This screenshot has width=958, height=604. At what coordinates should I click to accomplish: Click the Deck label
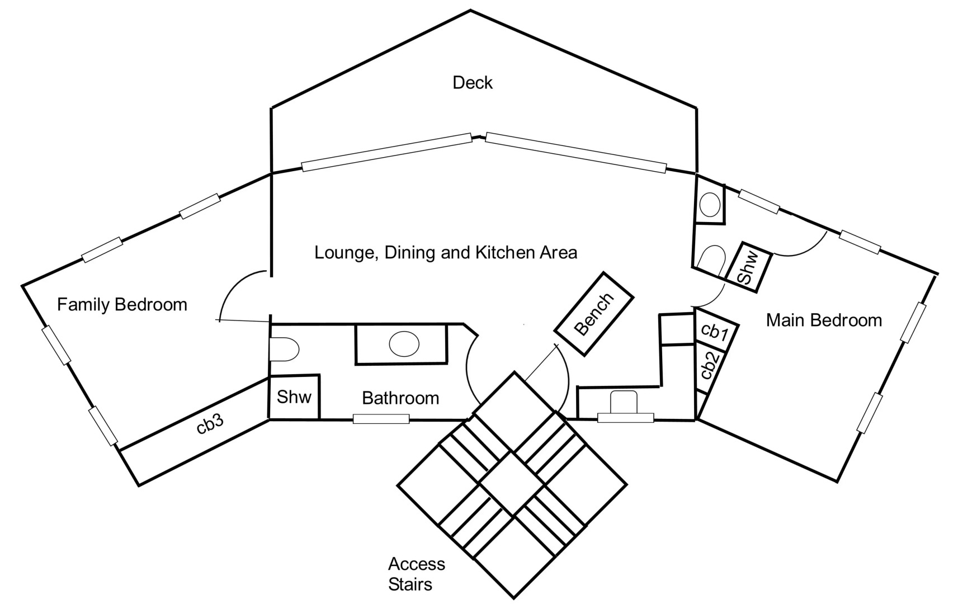click(x=473, y=83)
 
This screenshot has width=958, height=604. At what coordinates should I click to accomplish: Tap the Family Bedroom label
click(x=122, y=305)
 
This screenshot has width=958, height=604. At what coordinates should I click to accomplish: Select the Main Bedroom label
click(x=824, y=320)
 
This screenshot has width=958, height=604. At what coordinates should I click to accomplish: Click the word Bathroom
click(x=400, y=398)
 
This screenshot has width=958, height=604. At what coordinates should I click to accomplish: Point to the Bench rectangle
click(x=594, y=314)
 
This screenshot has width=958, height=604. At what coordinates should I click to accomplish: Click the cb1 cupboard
click(x=714, y=332)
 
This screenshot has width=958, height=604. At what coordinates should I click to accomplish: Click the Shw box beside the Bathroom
click(x=294, y=397)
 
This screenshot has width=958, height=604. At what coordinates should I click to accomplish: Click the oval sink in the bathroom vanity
click(x=404, y=344)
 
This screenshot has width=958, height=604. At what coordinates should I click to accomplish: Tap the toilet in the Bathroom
click(x=284, y=350)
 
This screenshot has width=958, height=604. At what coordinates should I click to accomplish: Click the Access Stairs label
click(x=416, y=574)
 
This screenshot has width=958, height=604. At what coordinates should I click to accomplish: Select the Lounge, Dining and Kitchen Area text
click(x=445, y=253)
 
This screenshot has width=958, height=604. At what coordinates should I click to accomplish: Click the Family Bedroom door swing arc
click(x=235, y=291)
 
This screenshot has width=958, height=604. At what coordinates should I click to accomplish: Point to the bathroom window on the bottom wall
click(x=381, y=418)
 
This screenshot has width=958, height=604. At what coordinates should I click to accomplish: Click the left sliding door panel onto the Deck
click(x=387, y=152)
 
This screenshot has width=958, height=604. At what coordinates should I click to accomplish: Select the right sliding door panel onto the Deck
click(x=576, y=152)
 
